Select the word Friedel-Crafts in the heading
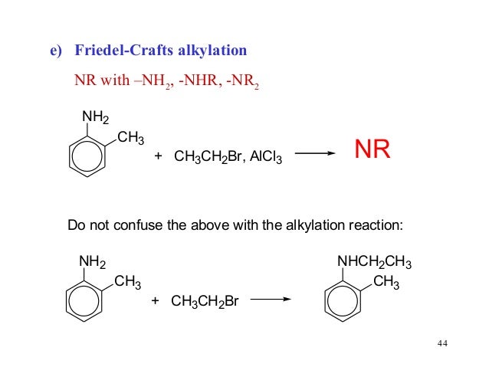coord(123,51)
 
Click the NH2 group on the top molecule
coord(94,116)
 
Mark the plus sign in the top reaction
coord(159,156)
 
